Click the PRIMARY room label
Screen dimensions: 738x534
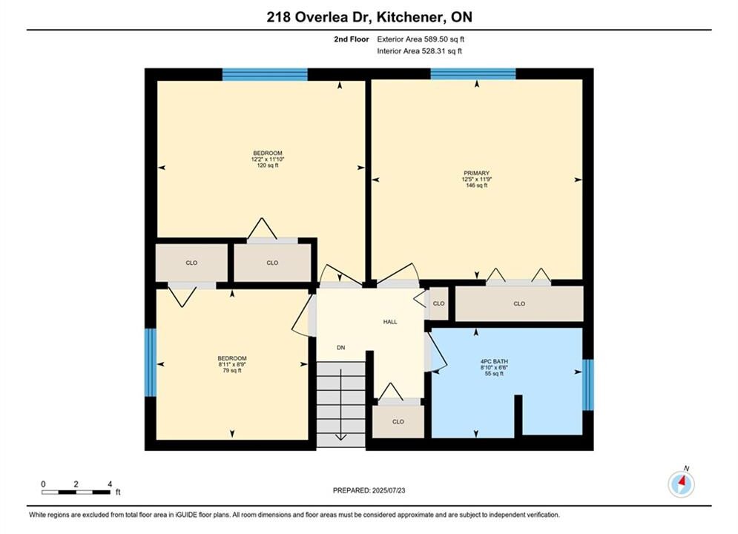click(x=476, y=173)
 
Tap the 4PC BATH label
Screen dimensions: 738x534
click(x=494, y=361)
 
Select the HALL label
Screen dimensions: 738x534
click(x=389, y=322)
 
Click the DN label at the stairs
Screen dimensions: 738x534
click(x=340, y=348)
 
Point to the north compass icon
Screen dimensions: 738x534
click(x=681, y=483)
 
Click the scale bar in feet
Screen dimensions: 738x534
click(x=76, y=492)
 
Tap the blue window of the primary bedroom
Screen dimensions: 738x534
click(x=473, y=74)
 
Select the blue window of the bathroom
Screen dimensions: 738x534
click(x=588, y=385)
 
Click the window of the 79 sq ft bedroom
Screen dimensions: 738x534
click(x=150, y=362)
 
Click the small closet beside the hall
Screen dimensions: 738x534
click(x=438, y=303)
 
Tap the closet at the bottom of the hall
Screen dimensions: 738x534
click(x=398, y=421)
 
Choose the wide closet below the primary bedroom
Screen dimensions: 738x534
click(x=519, y=303)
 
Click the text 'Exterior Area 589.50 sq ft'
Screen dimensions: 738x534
click(x=421, y=39)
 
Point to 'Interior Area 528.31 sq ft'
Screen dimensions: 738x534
click(x=419, y=51)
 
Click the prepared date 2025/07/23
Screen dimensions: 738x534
click(x=389, y=490)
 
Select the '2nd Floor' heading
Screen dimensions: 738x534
click(x=352, y=39)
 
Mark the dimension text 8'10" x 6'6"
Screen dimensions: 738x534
click(x=494, y=367)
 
